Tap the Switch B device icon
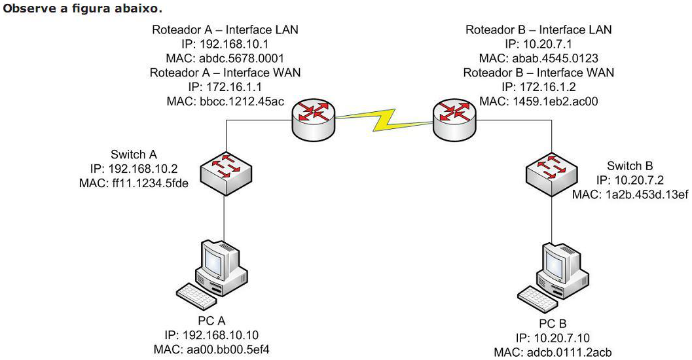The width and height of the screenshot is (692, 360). pos(550,172)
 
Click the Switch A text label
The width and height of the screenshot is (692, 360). pos(134,154)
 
